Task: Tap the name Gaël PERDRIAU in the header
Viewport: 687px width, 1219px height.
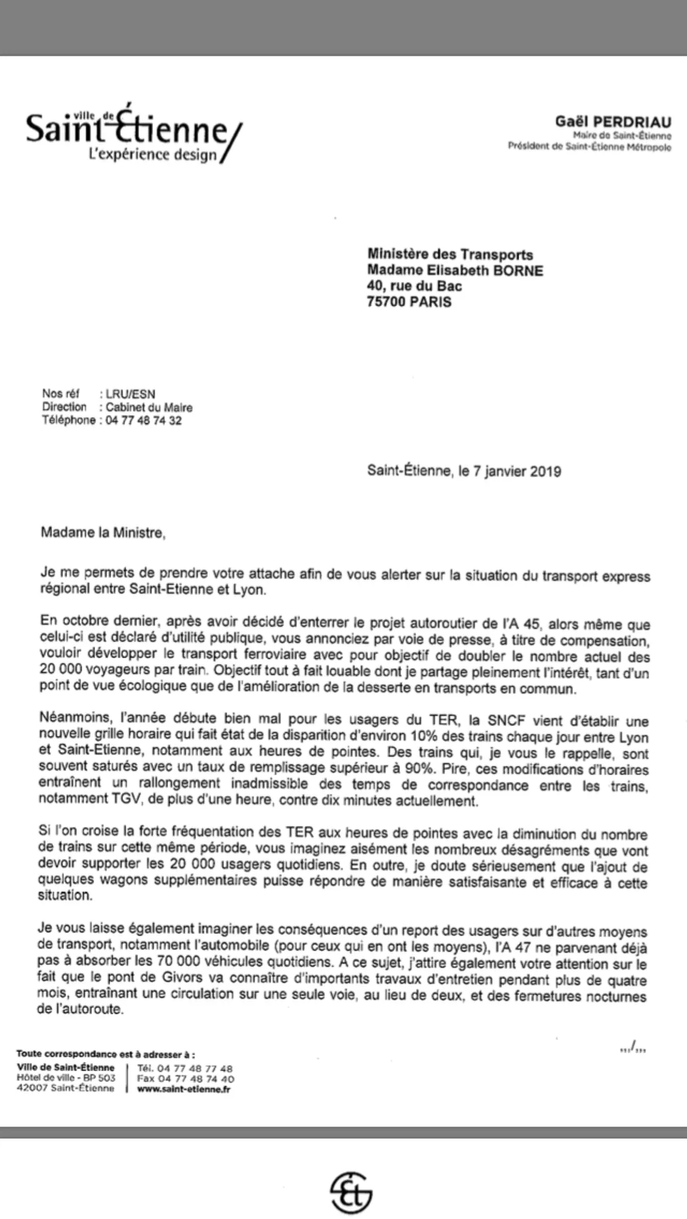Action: (x=613, y=122)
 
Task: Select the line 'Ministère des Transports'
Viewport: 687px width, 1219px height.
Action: (x=450, y=254)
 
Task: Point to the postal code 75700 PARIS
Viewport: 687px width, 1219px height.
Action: (x=409, y=302)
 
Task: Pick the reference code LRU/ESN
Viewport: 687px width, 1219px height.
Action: (x=131, y=394)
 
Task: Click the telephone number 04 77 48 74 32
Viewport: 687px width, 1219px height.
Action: (x=144, y=420)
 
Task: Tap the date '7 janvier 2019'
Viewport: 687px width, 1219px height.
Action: (x=517, y=471)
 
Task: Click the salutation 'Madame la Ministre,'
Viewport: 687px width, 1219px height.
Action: (x=103, y=532)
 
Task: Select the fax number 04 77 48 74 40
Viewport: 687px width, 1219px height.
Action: (x=195, y=1078)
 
